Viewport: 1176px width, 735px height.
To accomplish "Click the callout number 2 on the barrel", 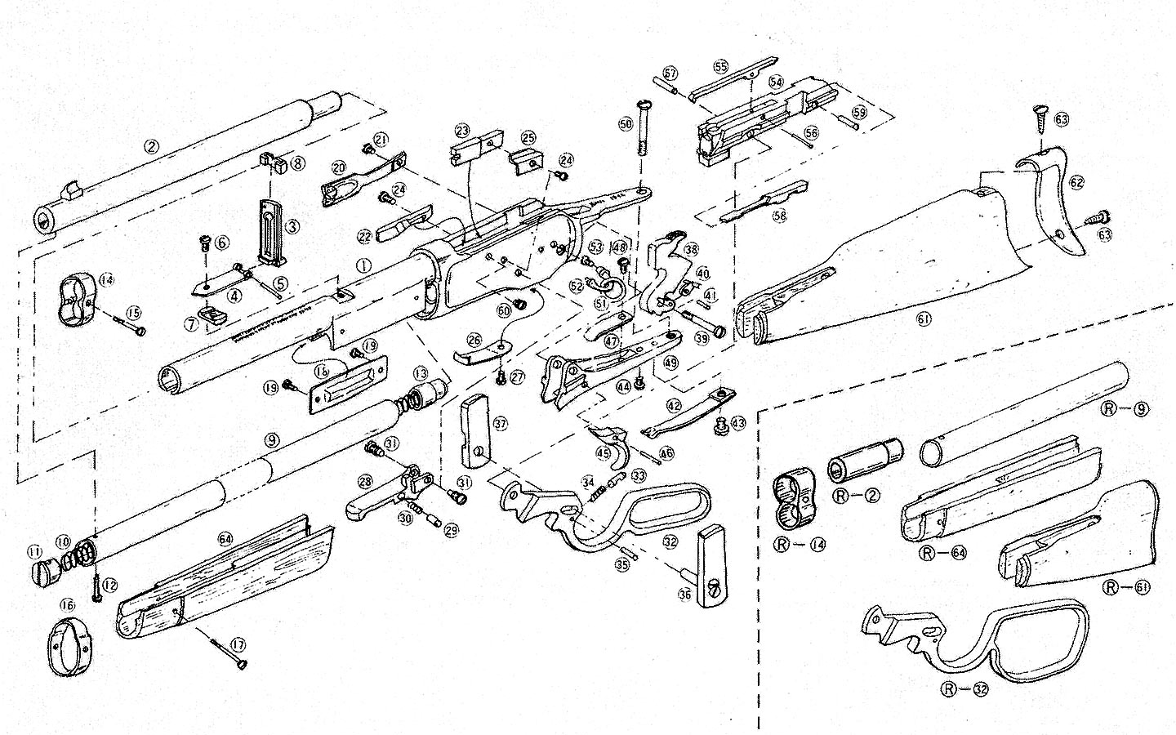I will (149, 147).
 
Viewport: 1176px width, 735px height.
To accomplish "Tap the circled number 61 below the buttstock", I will (924, 320).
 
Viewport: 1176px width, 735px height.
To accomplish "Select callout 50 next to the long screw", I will (626, 124).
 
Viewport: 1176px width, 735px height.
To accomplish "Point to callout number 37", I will (500, 423).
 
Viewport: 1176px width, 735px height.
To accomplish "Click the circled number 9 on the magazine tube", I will (272, 439).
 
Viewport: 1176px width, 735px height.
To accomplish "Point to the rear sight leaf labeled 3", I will (269, 230).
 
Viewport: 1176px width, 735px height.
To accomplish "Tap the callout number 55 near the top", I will (720, 66).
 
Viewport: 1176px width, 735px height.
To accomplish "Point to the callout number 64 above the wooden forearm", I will (225, 538).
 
